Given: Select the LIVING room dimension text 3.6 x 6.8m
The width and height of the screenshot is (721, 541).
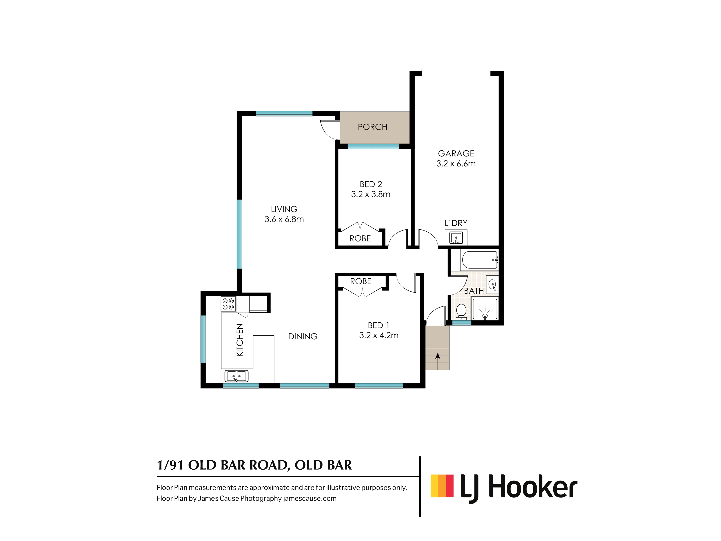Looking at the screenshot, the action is pos(284,219).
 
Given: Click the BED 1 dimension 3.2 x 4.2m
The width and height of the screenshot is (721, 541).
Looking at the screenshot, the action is pos(379,335).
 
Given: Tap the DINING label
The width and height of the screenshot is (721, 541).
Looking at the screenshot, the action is pos(303,336).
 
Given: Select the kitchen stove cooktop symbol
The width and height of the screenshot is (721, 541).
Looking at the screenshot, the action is pos(228,304).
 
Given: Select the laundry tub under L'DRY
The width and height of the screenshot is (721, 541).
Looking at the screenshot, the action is pos(456,237).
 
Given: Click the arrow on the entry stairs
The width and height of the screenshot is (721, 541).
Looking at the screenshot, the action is pos(437,356).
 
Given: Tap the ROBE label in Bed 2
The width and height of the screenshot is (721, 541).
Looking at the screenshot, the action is pos(360,238).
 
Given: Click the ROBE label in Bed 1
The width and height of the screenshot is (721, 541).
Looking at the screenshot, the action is pos(361,281).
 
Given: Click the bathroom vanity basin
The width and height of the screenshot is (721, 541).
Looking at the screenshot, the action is pos(492,285).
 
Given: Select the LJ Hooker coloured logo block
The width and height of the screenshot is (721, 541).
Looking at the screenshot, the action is pos(442,486).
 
